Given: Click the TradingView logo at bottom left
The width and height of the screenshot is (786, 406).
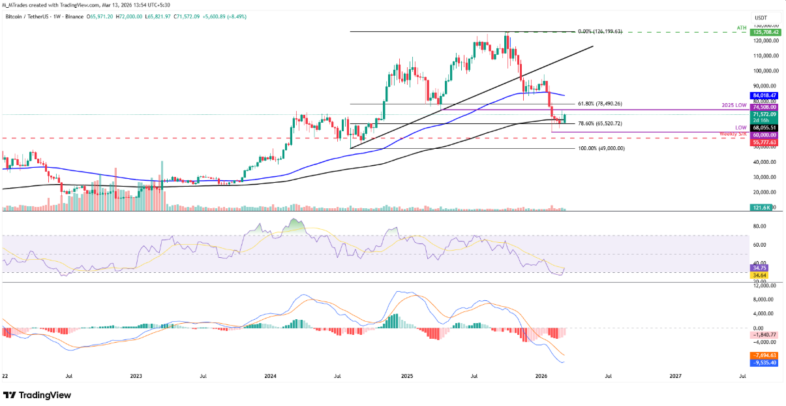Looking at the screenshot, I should (38, 396).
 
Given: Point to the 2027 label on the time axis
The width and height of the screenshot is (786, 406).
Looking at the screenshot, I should (676, 376).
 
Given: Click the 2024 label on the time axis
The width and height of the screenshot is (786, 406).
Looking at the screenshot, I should (271, 376).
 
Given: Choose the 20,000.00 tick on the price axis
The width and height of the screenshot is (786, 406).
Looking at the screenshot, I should (765, 192).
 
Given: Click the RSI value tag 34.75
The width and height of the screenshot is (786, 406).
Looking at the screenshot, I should (761, 268).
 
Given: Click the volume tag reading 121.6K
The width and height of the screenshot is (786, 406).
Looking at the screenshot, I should (761, 207).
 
